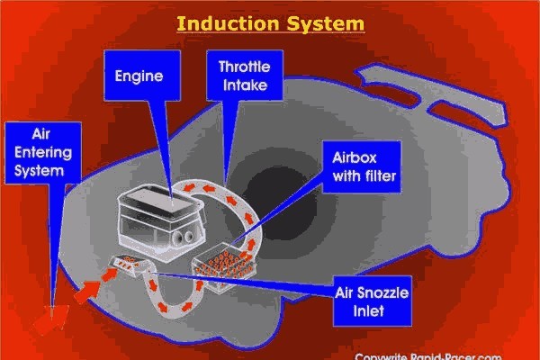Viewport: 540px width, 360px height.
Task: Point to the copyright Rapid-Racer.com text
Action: pyautogui.click(x=440, y=354)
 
